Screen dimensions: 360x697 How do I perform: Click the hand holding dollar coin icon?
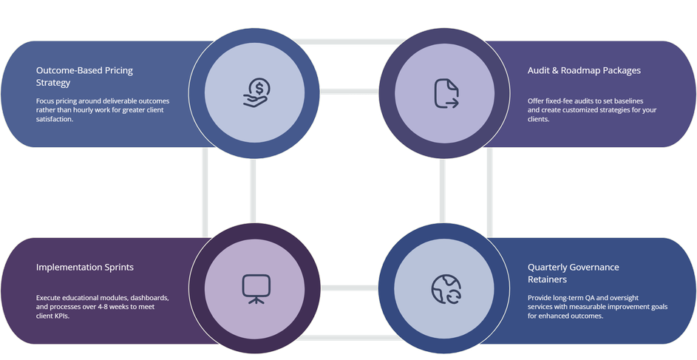click(x=256, y=93)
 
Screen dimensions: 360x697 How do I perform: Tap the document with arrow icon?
click(x=446, y=93)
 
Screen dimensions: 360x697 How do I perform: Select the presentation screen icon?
click(x=256, y=288)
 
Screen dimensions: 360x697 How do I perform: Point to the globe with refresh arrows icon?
click(x=446, y=288)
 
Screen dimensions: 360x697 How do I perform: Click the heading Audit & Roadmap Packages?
click(x=584, y=70)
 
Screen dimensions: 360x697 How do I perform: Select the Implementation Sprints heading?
click(x=85, y=267)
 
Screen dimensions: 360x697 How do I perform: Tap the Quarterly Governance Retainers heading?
click(x=574, y=273)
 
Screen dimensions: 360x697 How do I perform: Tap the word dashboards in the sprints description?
click(x=150, y=298)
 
